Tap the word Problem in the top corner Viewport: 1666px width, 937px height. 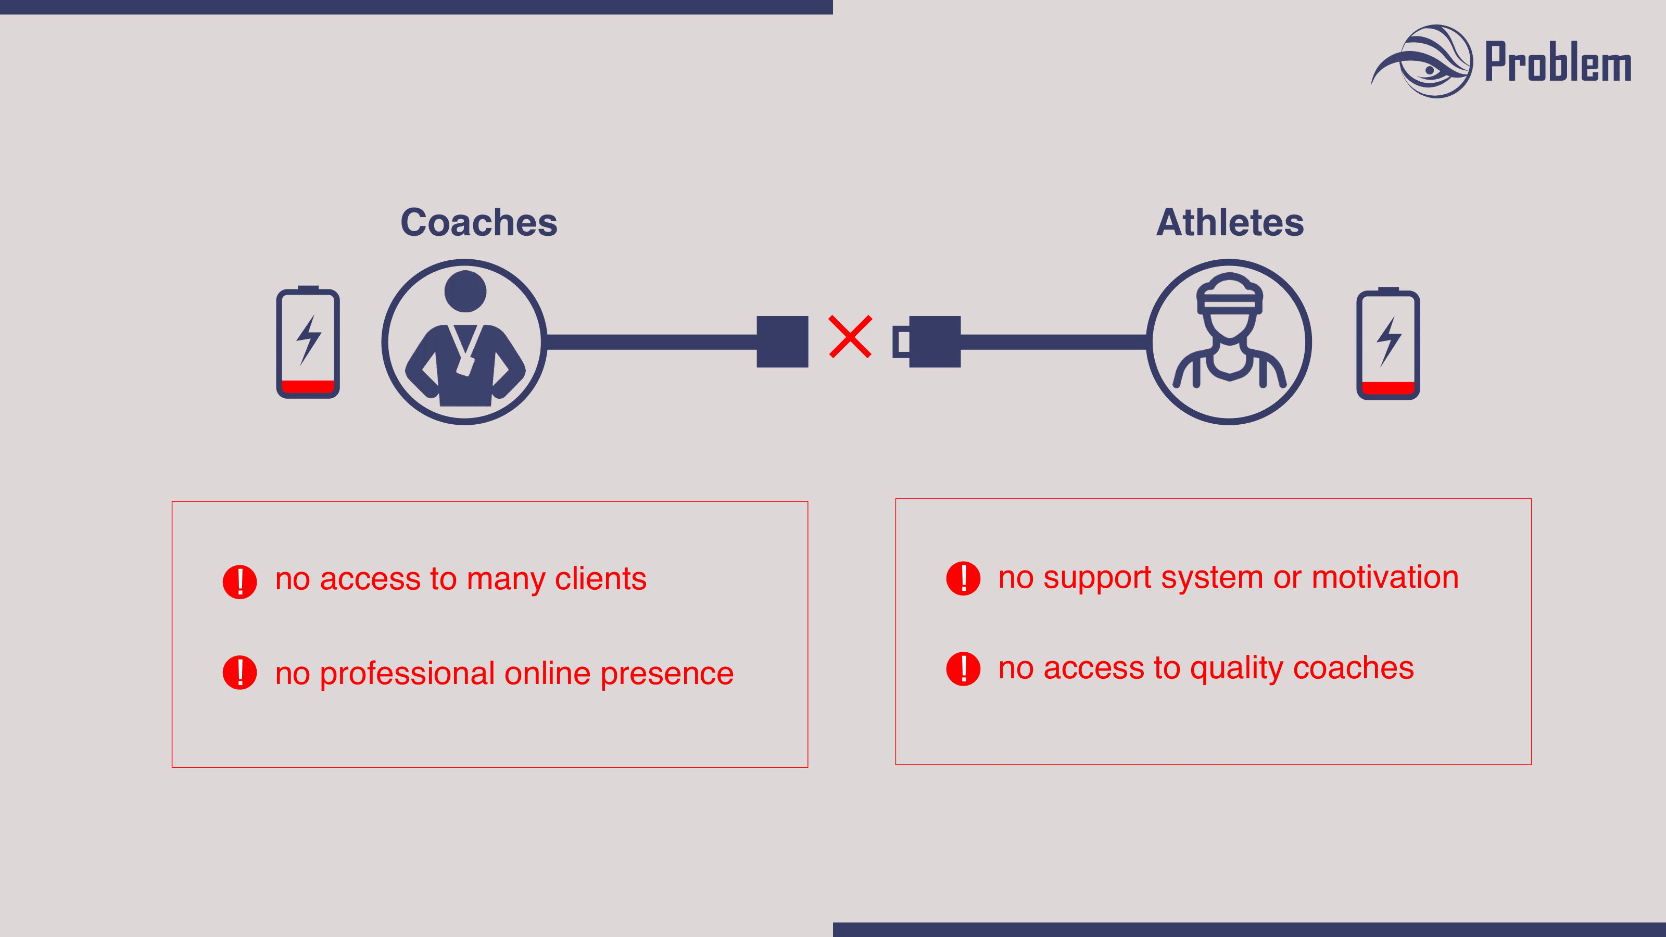(x=1557, y=62)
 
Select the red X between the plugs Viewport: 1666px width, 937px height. (x=850, y=337)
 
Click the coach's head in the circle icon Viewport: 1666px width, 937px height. (x=465, y=292)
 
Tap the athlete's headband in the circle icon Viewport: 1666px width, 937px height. (x=1229, y=301)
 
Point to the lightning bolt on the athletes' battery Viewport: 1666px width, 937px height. (x=1388, y=341)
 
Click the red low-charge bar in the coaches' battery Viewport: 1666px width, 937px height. (x=308, y=386)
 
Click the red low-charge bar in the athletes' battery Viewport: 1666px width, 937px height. (x=1388, y=388)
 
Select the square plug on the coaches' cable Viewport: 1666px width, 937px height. (x=782, y=341)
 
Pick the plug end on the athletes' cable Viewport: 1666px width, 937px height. (x=928, y=341)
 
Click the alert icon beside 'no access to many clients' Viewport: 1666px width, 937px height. (x=240, y=581)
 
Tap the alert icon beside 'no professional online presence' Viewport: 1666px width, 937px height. (x=240, y=673)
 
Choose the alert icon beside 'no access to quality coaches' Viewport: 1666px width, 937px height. (x=963, y=668)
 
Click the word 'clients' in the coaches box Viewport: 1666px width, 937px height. (x=600, y=579)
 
